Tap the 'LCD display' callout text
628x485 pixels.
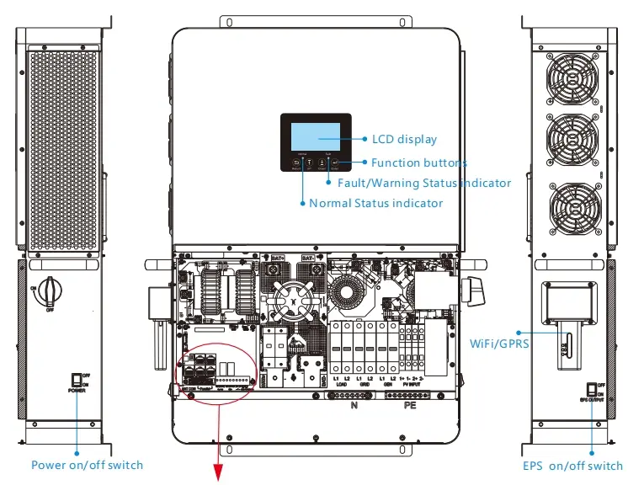coord(404,139)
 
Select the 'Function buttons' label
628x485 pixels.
coord(418,163)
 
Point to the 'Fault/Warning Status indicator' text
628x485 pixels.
coord(424,183)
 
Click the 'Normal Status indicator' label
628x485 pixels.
coord(375,203)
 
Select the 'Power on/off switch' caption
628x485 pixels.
coord(87,465)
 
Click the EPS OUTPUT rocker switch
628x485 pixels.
coord(593,389)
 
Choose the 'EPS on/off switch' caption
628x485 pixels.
coord(572,466)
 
